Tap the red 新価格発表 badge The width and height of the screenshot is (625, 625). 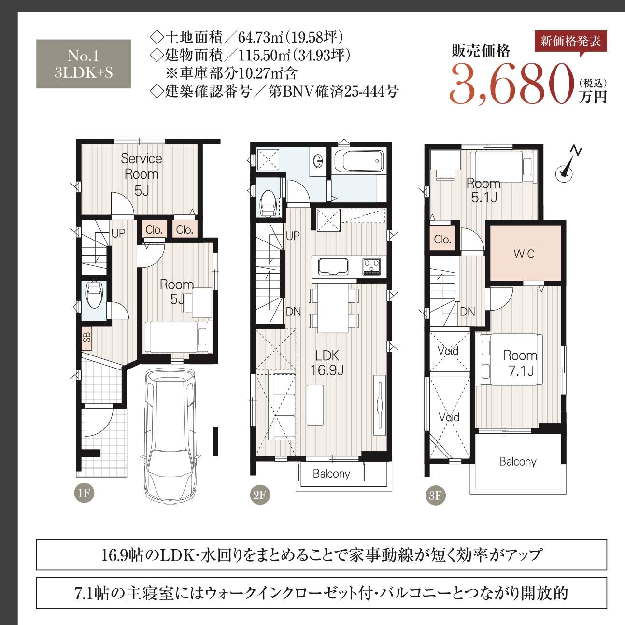tap(570, 42)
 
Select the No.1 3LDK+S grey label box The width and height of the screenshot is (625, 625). tap(84, 64)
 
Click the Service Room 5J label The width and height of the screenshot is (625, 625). tap(141, 174)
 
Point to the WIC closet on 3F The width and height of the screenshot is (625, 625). tap(524, 254)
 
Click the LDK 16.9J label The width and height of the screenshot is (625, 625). tap(327, 363)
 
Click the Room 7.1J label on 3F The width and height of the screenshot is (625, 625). tap(520, 363)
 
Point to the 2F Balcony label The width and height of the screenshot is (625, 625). tap(331, 474)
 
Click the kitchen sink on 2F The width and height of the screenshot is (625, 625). tap(332, 267)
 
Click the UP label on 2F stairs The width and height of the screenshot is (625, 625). tap(293, 236)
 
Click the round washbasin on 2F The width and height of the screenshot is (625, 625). tap(318, 161)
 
